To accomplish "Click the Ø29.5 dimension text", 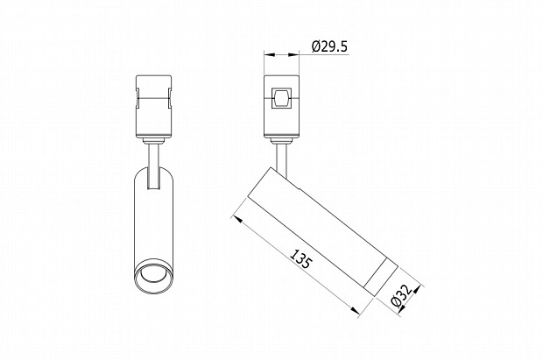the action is (329, 46).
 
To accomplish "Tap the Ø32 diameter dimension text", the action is (402, 295).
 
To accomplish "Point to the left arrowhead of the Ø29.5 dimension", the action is (269, 54).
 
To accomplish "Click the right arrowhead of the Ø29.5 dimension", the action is (293, 54).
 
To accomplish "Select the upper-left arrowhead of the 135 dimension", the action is (238, 219).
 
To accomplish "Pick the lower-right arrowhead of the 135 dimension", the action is (356, 310).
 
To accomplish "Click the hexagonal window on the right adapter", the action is (281, 98).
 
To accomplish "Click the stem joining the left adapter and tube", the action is (153, 166).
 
